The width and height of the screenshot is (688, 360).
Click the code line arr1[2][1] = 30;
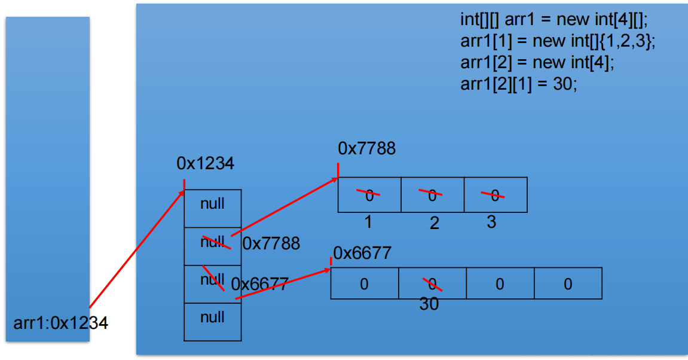(x=518, y=84)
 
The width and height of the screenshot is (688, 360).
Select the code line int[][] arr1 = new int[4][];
(x=554, y=19)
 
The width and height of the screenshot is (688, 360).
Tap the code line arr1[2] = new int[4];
(x=537, y=62)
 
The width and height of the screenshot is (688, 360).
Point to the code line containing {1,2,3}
(x=558, y=41)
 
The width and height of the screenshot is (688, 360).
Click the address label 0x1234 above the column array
(x=205, y=163)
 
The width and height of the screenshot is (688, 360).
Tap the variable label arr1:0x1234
(x=60, y=324)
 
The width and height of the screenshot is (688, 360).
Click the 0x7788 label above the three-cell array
(x=366, y=148)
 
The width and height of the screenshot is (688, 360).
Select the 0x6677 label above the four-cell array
(x=362, y=253)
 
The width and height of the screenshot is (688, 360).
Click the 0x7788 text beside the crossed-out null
(x=271, y=243)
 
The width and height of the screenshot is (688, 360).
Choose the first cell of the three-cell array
(x=369, y=194)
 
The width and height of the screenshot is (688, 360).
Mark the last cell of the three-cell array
(x=495, y=194)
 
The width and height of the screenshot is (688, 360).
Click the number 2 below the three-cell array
(x=435, y=224)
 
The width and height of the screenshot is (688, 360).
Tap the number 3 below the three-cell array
(x=491, y=222)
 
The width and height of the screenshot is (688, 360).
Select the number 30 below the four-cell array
(x=429, y=304)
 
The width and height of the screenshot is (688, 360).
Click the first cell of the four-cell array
(x=364, y=283)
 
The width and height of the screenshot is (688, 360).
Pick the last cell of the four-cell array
(x=568, y=283)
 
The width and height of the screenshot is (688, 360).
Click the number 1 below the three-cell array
(x=368, y=222)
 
